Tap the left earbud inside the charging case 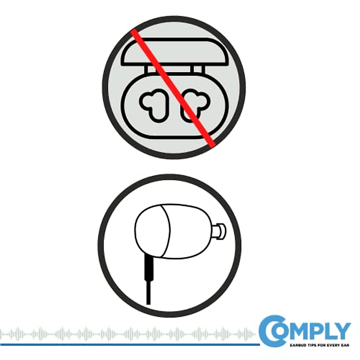coord(152,103)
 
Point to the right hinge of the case coord(197,70)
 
